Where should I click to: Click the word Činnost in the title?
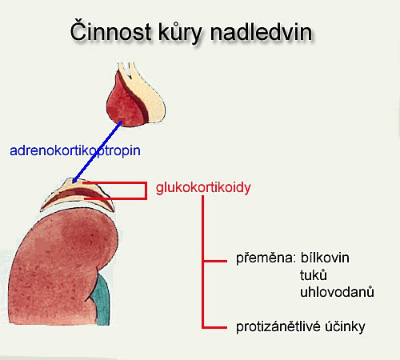(x=110, y=31)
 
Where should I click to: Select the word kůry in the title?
(x=181, y=34)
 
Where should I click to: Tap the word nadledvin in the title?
(x=261, y=32)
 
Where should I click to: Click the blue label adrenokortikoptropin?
(x=75, y=151)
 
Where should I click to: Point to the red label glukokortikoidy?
(x=203, y=188)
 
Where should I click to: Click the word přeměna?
(x=266, y=258)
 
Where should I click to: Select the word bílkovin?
(x=325, y=258)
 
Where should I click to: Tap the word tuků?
(x=314, y=274)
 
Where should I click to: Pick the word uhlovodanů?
(x=337, y=292)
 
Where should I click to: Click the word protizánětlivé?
(x=278, y=326)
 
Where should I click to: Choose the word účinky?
(x=345, y=326)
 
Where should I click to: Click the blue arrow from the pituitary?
(x=98, y=152)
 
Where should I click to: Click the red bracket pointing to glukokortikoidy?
(x=146, y=190)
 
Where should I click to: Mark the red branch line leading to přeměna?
(x=215, y=261)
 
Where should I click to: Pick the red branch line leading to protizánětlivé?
(x=215, y=327)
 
